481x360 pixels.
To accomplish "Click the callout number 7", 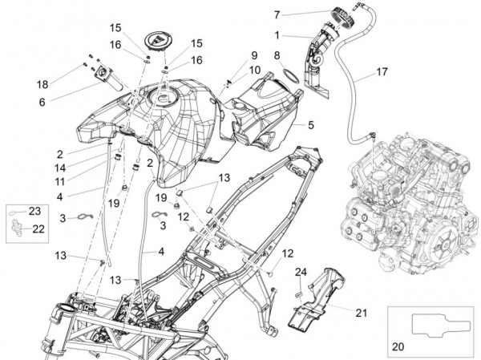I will [277, 14].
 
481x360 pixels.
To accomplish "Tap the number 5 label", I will [310, 125].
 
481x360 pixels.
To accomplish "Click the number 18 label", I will [42, 83].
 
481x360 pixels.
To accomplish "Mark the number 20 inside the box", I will [398, 348].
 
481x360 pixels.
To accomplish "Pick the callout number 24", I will [301, 272].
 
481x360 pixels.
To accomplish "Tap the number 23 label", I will [34, 212].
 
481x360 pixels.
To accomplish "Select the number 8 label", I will [277, 56].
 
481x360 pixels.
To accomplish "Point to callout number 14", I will [59, 168].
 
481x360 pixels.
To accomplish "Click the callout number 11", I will [59, 181].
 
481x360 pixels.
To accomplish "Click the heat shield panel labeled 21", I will [321, 301].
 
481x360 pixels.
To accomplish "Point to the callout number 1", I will [277, 35].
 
